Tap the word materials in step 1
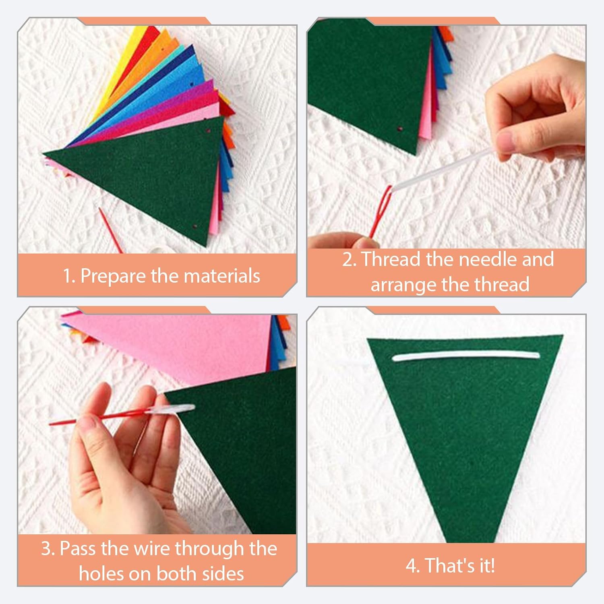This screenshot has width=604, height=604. [222, 276]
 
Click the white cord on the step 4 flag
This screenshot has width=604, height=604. [465, 355]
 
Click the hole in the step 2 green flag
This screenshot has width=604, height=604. [400, 129]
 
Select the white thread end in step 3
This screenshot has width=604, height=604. [173, 409]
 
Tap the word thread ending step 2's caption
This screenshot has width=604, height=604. [501, 285]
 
